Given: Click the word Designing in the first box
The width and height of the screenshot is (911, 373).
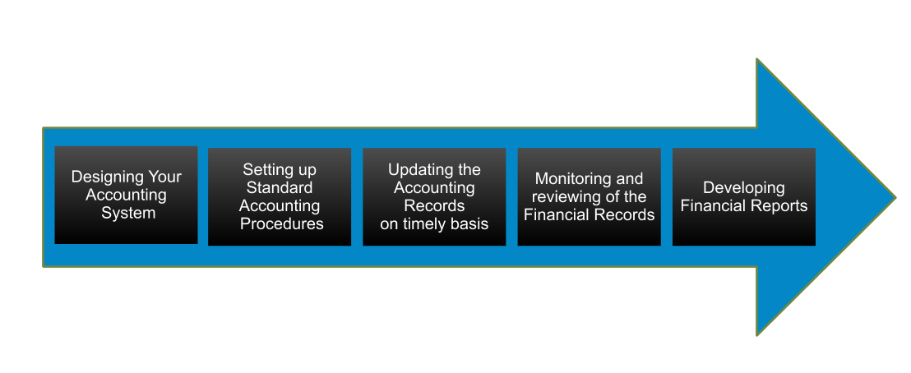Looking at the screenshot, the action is (99, 177).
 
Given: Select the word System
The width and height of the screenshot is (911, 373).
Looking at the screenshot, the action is (128, 214).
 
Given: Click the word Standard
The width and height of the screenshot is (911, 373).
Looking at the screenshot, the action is (280, 187).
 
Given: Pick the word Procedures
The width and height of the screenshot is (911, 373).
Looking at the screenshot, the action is (282, 223).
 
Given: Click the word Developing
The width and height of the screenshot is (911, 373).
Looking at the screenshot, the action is (743, 188).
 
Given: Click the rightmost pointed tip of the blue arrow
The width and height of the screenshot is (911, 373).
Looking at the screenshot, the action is (896, 197).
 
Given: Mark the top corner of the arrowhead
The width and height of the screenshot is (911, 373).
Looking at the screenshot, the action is (757, 58).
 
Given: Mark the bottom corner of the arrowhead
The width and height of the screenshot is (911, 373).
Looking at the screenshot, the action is (757, 335).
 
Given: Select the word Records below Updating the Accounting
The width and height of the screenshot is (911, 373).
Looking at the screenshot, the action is (434, 206).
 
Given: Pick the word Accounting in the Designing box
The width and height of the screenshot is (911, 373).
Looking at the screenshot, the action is (126, 196).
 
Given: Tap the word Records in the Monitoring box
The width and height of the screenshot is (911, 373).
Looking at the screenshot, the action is (628, 215).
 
